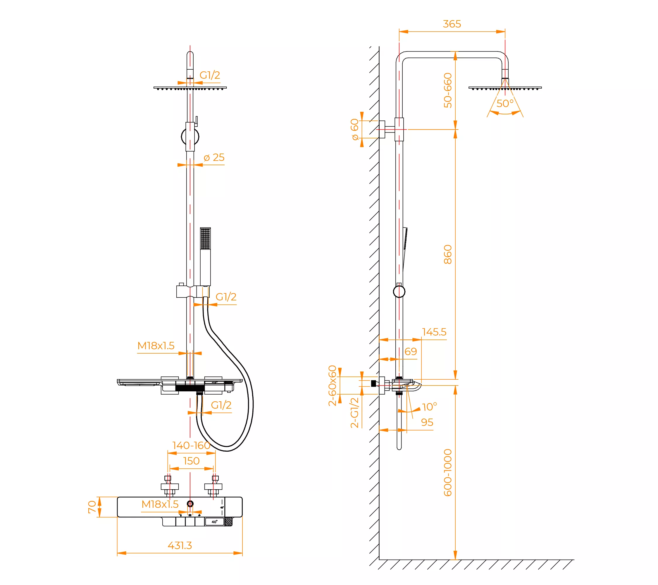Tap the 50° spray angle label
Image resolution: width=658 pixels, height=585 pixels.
(x=505, y=103)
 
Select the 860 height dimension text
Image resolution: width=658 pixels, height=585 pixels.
(x=448, y=254)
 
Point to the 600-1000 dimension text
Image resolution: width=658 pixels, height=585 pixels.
(x=448, y=473)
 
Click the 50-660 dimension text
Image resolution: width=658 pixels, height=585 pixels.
(x=448, y=90)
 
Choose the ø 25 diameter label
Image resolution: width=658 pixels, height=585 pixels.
(x=214, y=157)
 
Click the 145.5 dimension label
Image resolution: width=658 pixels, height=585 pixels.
(x=434, y=332)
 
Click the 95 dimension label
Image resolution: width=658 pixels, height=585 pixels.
(x=427, y=422)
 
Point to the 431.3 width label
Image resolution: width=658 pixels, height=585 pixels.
(x=180, y=546)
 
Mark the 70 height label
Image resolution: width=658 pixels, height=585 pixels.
(x=92, y=507)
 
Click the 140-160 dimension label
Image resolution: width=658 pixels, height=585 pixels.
(x=191, y=445)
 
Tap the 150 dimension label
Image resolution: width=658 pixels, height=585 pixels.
(x=191, y=461)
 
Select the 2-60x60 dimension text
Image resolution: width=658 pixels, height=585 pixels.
(x=332, y=386)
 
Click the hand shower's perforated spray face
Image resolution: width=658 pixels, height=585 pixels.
(x=205, y=239)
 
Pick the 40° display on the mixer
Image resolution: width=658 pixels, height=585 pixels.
(x=214, y=522)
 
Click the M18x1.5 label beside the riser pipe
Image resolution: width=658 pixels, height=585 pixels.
(x=156, y=345)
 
